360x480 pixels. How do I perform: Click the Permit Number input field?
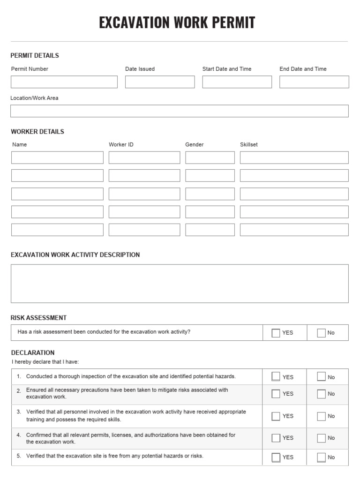coord(64,82)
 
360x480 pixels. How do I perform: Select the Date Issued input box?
coord(160,82)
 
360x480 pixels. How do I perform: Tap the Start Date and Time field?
coord(237,82)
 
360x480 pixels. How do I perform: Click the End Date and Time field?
coord(314,82)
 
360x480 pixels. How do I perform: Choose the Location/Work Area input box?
coord(180,111)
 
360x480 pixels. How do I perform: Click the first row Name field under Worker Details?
coord(57,157)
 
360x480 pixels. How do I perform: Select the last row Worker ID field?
coord(144,230)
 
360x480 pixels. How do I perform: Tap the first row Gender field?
coord(210,157)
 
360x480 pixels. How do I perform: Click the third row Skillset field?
coord(294,194)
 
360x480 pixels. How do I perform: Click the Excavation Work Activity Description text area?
coord(180,284)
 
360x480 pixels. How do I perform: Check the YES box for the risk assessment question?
coord(276,333)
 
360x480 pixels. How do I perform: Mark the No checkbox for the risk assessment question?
coord(321,333)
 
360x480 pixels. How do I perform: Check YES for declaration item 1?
coord(276,377)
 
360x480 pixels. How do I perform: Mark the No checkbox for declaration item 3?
coord(321,416)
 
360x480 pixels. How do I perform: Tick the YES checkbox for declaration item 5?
coord(276,457)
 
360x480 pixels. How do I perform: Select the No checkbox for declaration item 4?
coord(321,438)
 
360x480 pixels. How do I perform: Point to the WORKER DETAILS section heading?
coord(37,132)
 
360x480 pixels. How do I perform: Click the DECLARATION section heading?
coord(33,352)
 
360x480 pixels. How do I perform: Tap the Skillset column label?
coord(249,144)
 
